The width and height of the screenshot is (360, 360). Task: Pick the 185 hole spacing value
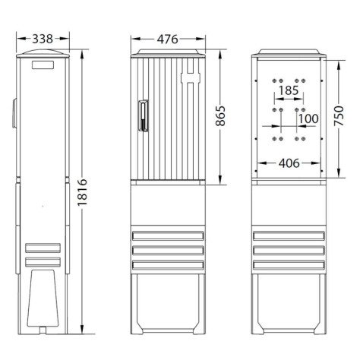[288, 90]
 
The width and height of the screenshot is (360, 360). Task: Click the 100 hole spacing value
[308, 119]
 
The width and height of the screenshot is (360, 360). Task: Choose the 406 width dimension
[288, 163]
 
